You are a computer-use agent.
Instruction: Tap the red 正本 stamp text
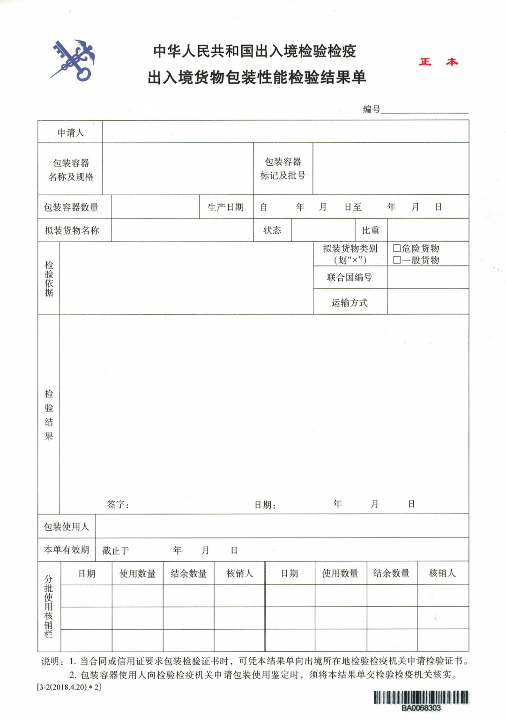tap(438, 62)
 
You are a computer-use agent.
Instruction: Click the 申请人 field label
tap(70, 132)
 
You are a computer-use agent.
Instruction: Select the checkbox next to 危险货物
tap(397, 248)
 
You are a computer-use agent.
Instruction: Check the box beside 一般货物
tap(397, 260)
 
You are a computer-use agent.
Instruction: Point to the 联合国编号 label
tap(350, 277)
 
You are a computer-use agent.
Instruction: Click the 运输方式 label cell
tap(350, 302)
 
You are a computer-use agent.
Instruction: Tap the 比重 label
tap(371, 230)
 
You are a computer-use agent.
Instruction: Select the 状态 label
tap(272, 230)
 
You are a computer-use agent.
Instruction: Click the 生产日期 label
tap(225, 207)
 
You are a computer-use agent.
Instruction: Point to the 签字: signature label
tap(118, 504)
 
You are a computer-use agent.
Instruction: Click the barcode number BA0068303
tap(421, 708)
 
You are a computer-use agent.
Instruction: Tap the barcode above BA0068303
tap(421, 697)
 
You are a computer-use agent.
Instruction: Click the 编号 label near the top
tap(372, 110)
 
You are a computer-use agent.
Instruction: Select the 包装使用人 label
tap(67, 527)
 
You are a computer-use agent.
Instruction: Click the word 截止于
tap(115, 551)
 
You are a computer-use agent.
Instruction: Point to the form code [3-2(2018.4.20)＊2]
tap(69, 687)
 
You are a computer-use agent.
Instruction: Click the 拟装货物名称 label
tap(72, 230)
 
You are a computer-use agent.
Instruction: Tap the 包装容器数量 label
tap(71, 207)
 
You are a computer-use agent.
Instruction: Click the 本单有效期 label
tap(67, 550)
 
